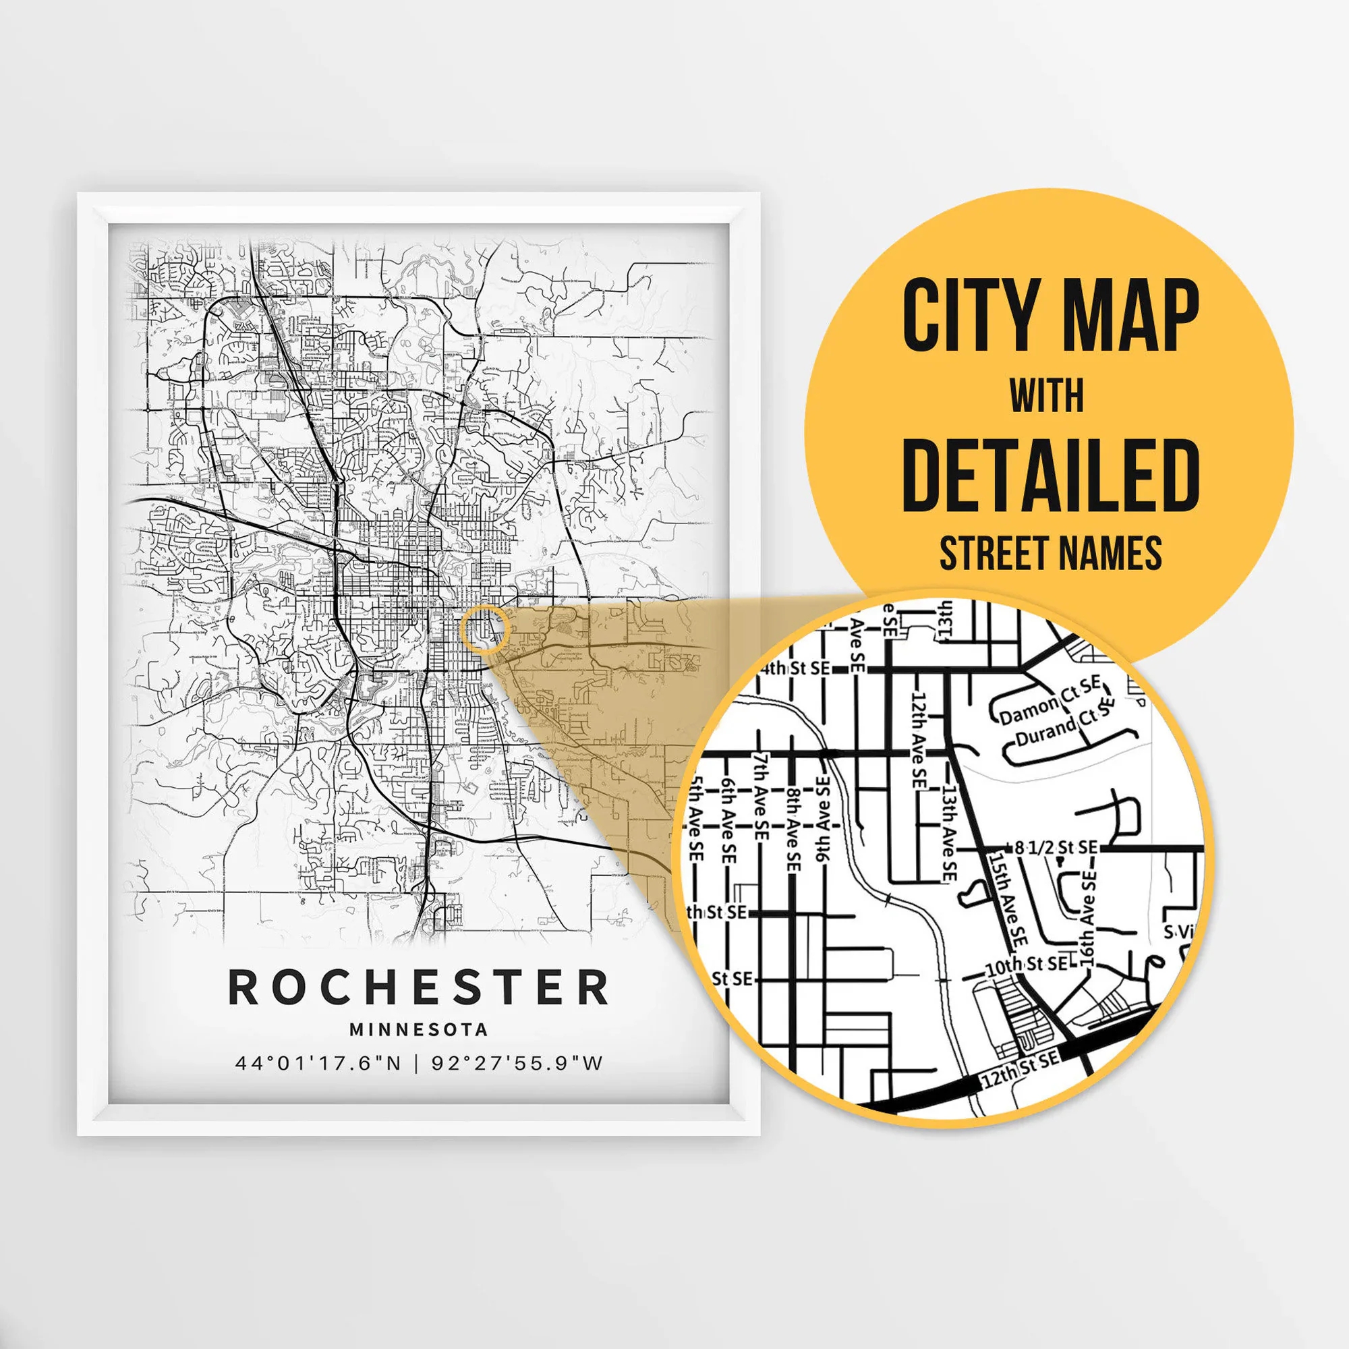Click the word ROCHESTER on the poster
click(418, 987)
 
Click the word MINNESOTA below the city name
click(418, 1030)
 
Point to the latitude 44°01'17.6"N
click(318, 1064)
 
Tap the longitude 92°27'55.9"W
click(517, 1064)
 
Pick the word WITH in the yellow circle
click(1047, 396)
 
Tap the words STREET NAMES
click(1050, 553)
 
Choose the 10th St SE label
click(1027, 965)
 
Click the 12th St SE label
click(1020, 1068)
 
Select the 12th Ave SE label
click(919, 740)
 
